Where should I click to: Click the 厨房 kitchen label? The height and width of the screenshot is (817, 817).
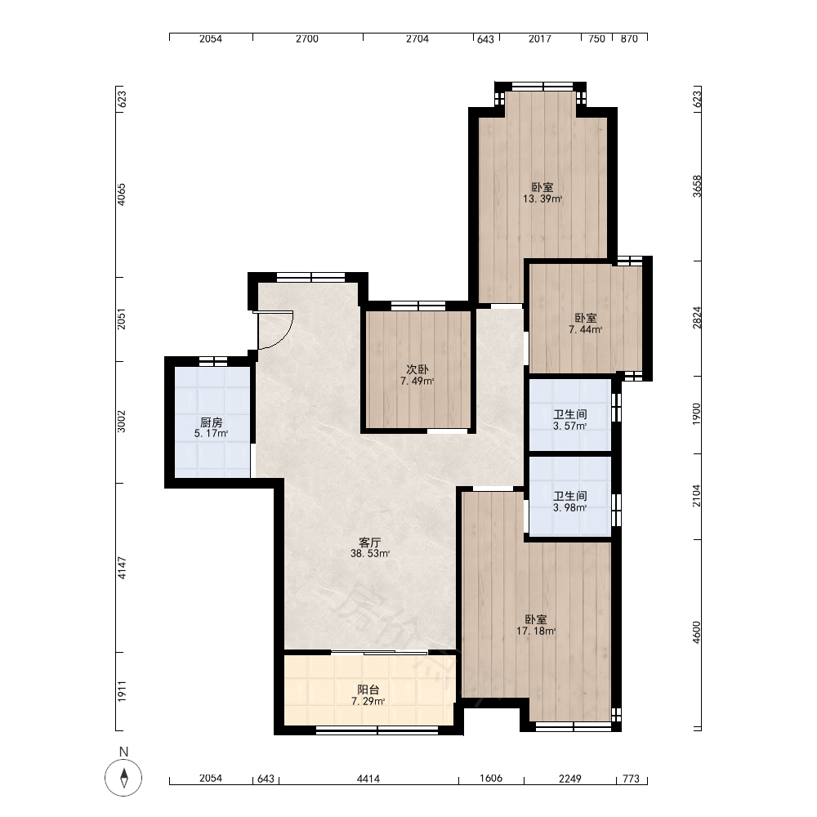(211, 422)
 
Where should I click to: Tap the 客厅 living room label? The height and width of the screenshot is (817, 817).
(370, 542)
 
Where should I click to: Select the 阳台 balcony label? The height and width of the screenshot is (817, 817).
(368, 690)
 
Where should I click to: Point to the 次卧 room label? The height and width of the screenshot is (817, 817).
(417, 369)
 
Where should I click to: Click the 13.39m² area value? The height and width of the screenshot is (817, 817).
(542, 199)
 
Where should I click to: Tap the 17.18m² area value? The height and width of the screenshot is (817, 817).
(536, 631)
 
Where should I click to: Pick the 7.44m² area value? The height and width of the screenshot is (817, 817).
(586, 329)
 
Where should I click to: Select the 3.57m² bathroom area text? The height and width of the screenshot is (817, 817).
(570, 426)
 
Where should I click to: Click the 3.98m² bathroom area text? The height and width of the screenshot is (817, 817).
(570, 507)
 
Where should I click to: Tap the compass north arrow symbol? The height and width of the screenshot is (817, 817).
(123, 778)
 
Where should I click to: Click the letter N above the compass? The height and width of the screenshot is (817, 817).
(123, 752)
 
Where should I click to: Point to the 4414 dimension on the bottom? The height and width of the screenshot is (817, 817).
(368, 779)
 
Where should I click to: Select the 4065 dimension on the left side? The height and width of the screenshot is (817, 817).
(122, 194)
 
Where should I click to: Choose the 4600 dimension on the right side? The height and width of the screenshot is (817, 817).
(697, 632)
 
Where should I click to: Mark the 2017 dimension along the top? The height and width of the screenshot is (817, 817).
(540, 38)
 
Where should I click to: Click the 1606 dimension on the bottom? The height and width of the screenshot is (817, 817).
(491, 779)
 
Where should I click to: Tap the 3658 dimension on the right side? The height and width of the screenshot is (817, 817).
(697, 186)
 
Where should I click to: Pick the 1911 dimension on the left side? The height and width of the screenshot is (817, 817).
(122, 691)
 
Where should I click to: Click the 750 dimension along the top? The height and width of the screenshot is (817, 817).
(596, 38)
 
